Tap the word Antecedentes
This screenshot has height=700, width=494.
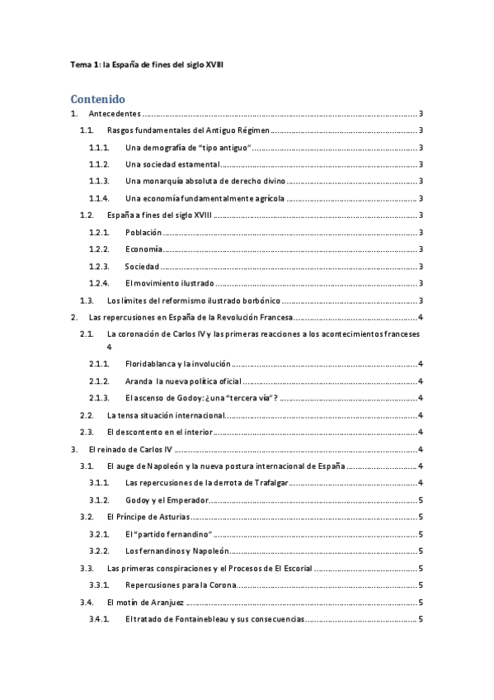coord(114,114)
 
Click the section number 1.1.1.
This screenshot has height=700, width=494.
coord(99,149)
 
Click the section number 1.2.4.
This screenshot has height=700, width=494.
coord(99,283)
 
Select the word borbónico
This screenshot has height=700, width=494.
coord(255,300)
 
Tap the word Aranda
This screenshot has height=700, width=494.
coord(139,381)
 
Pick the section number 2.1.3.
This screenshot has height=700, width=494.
coord(99,398)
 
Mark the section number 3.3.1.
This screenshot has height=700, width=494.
coord(99,585)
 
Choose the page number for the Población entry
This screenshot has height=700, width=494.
coord(421,233)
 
